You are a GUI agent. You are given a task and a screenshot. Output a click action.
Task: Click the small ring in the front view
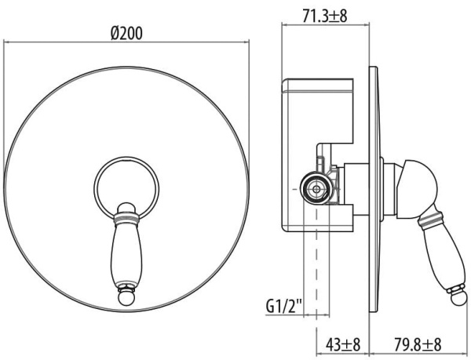(x=127, y=185)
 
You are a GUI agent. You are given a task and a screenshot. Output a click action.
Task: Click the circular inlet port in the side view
(x=316, y=187)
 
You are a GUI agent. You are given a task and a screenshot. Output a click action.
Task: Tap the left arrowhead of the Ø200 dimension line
(x=9, y=45)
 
